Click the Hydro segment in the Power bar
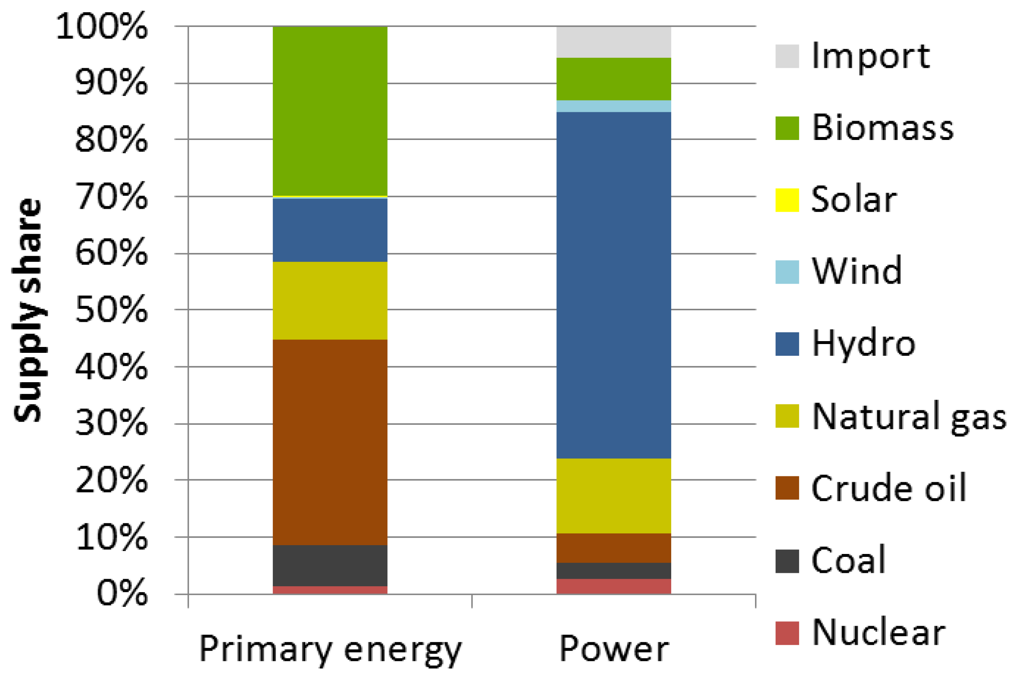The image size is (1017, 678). pyautogui.click(x=613, y=285)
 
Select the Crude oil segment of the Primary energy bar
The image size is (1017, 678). pyautogui.click(x=329, y=442)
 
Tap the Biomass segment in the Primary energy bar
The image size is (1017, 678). pyautogui.click(x=329, y=111)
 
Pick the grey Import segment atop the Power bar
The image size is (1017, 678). pyautogui.click(x=613, y=42)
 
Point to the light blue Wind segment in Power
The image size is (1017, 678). pyautogui.click(x=613, y=106)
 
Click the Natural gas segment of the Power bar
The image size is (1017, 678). pyautogui.click(x=613, y=496)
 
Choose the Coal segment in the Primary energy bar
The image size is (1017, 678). pyautogui.click(x=329, y=565)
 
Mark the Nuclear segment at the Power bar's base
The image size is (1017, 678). pyautogui.click(x=613, y=586)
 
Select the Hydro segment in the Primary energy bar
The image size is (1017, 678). pyautogui.click(x=329, y=230)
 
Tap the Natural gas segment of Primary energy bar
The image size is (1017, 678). pyautogui.click(x=329, y=300)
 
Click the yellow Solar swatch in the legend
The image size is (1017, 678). pyautogui.click(x=786, y=200)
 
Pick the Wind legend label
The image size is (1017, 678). pyautogui.click(x=856, y=271)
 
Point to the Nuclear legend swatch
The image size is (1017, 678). pyautogui.click(x=786, y=633)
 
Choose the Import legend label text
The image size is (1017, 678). pyautogui.click(x=870, y=56)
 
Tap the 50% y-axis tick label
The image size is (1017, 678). pyautogui.click(x=111, y=310)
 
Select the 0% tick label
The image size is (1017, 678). pyautogui.click(x=122, y=593)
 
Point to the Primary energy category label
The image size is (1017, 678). pyautogui.click(x=330, y=649)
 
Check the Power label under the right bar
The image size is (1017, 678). pyautogui.click(x=613, y=649)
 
